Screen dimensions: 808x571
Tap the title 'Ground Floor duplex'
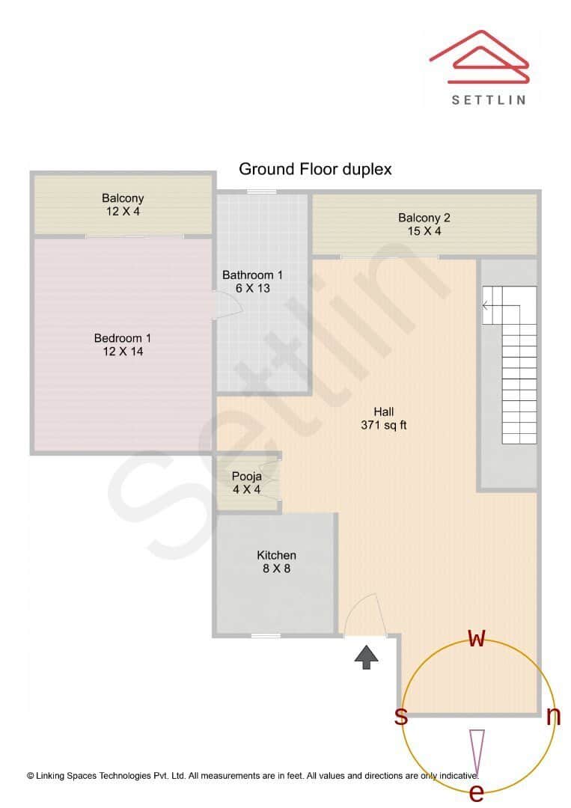coord(315,169)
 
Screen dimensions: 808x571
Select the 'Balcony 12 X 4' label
coord(123,205)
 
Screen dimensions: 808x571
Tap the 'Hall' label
coord(384,411)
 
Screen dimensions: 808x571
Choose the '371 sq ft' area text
coord(384,426)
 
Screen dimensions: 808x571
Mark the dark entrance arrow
coord(366,657)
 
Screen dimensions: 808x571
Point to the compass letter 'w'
coord(477,638)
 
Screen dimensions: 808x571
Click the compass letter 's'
coord(401,717)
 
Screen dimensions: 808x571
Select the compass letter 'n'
coord(554,717)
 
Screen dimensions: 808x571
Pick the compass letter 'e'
coord(476,793)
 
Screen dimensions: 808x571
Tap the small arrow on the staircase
coord(486,305)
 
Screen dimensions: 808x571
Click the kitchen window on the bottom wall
coord(266,636)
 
